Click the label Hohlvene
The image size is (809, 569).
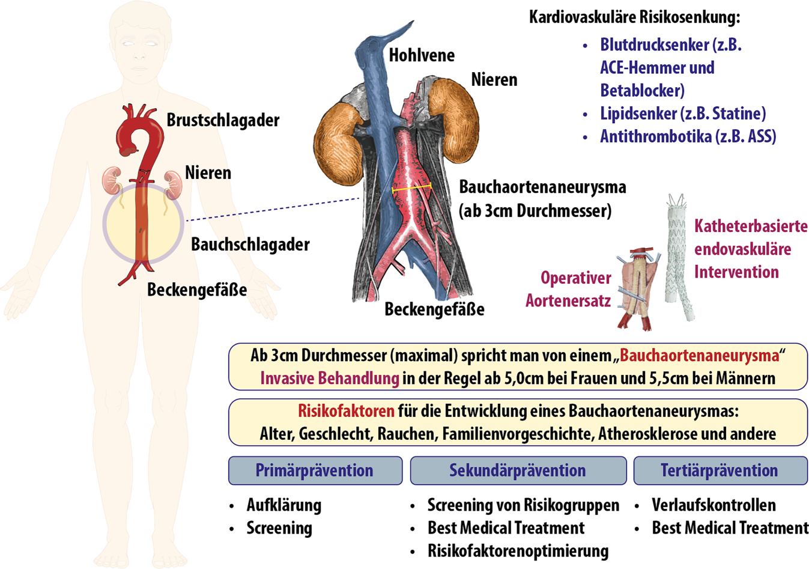tap(422, 55)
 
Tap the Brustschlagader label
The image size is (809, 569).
tap(223, 120)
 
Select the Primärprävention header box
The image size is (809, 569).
tap(315, 470)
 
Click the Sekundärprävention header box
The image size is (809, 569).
tap(518, 470)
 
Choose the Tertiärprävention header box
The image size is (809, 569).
tap(720, 470)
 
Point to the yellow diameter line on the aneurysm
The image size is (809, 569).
tap(411, 189)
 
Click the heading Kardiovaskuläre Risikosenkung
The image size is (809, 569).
tap(634, 17)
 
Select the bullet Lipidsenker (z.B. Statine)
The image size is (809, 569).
tap(683, 114)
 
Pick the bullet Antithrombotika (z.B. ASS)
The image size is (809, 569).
tap(688, 136)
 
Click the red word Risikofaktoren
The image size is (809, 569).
tap(346, 412)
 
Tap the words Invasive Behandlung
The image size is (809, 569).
tap(329, 379)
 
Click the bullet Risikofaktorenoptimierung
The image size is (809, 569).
tap(518, 551)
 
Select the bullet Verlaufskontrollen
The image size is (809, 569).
tap(714, 505)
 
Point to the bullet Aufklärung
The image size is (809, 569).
tap(283, 505)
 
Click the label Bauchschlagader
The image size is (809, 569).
tap(250, 245)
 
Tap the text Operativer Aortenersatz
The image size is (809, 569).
tap(569, 289)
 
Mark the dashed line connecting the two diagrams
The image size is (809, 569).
tap(273, 209)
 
